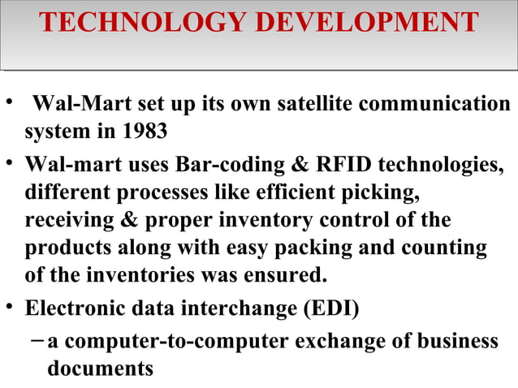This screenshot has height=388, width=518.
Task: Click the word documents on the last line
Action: (100, 369)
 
